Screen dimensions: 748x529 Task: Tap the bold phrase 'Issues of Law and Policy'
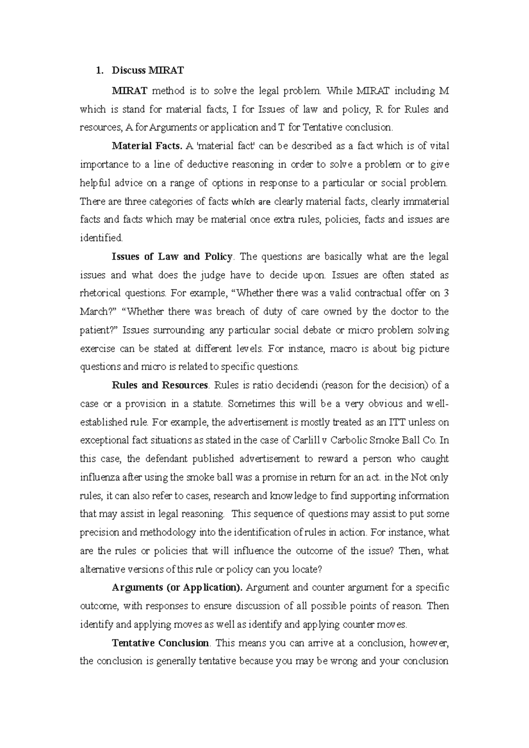172,256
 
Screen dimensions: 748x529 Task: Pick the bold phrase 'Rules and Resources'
160,385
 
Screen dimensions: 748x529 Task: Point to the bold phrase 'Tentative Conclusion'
160,643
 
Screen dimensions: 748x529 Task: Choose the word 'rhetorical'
100,293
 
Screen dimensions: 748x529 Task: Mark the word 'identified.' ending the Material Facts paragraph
101,238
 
